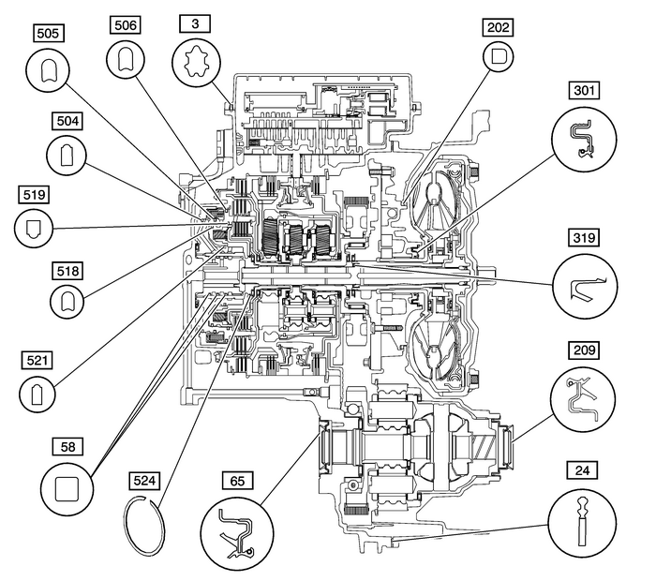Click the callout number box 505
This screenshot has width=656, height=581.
48,33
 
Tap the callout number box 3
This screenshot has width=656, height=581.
195,21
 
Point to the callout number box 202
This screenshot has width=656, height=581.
498,27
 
